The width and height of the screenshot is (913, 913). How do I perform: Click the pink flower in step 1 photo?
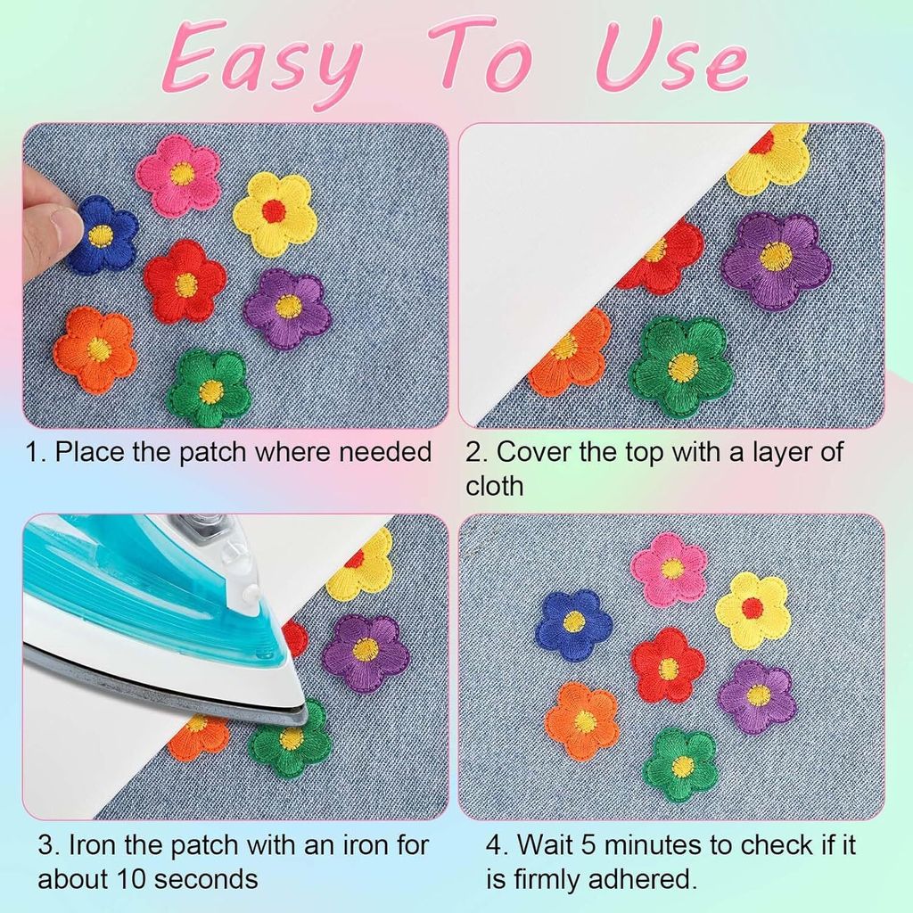[x=178, y=175]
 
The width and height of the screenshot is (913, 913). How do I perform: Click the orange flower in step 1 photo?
[x=95, y=349]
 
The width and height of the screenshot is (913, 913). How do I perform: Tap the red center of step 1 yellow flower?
[x=274, y=211]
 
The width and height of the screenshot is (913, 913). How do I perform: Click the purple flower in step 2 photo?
[x=775, y=259]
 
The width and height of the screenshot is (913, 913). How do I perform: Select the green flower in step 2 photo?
[x=682, y=366]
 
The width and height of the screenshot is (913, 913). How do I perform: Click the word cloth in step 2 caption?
[x=494, y=486]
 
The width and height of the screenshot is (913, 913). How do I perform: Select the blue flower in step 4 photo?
[x=573, y=624]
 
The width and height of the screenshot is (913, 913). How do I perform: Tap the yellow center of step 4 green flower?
[x=681, y=765]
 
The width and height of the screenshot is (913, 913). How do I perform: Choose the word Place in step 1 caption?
[x=90, y=452]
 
